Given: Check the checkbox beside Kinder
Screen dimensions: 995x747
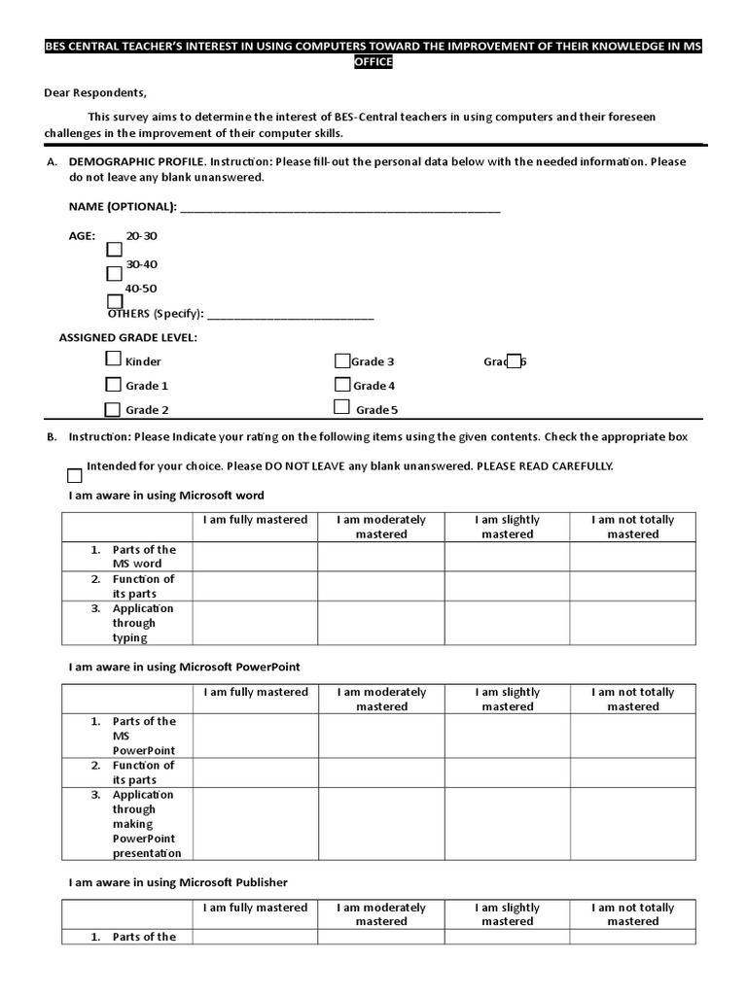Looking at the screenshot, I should tap(114, 360).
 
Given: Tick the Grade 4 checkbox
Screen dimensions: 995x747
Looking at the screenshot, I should tap(342, 385).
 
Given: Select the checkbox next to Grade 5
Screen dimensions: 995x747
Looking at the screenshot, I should tap(341, 407).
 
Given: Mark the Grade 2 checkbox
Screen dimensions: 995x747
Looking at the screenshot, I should tap(114, 409).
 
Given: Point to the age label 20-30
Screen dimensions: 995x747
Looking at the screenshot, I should tap(141, 236).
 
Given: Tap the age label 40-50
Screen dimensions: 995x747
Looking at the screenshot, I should tap(141, 289).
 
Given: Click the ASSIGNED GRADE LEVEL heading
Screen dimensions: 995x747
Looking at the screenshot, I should tap(127, 338).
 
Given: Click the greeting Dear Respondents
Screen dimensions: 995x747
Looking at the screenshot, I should tap(95, 93).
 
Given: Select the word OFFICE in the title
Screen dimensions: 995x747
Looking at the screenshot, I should tap(373, 61).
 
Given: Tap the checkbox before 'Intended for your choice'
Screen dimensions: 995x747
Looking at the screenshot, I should tap(75, 475).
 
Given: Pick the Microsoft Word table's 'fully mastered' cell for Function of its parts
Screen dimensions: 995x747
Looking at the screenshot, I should tap(255, 586).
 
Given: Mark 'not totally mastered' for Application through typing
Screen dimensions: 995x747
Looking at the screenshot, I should tap(632, 623).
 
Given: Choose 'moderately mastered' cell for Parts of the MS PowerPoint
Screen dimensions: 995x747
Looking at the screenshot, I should tap(381, 736).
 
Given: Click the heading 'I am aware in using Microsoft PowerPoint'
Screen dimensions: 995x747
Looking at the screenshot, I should tap(184, 667).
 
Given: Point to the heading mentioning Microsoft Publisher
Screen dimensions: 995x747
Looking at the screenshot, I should tap(177, 882).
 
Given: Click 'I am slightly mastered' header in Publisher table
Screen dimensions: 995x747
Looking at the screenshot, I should tap(507, 914).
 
